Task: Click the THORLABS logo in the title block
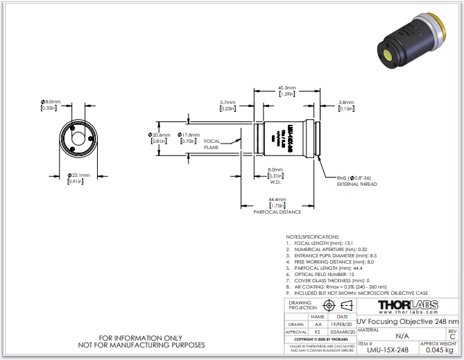tap(407, 305)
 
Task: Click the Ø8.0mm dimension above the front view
tap(50, 102)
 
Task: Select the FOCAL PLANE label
tap(212, 144)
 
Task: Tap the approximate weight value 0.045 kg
tap(440, 350)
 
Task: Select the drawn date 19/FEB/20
tap(343, 324)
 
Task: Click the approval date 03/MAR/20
tap(343, 333)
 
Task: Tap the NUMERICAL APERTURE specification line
tap(328, 248)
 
